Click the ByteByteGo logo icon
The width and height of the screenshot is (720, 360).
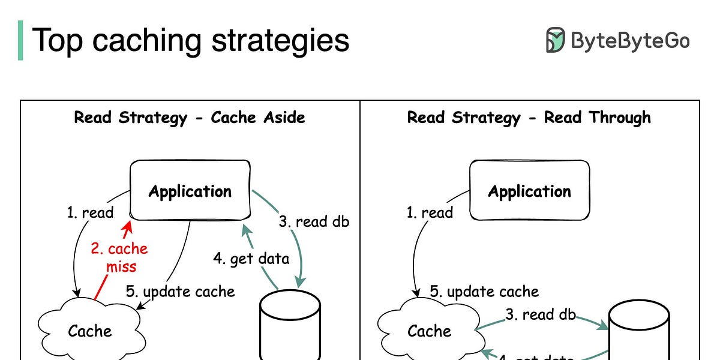click(x=555, y=40)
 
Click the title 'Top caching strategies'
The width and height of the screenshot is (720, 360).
click(x=191, y=40)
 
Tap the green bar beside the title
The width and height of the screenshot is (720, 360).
click(x=20, y=40)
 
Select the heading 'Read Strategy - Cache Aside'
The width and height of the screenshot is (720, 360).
click(x=190, y=117)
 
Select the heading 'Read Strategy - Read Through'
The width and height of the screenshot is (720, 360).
click(x=529, y=117)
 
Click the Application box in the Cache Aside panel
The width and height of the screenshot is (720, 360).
click(x=190, y=191)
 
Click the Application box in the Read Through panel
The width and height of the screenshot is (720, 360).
click(x=529, y=191)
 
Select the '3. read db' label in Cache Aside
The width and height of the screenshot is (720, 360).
click(x=313, y=221)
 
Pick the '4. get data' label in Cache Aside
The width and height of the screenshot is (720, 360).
click(x=251, y=259)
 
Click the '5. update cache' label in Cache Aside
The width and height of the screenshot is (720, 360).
click(x=180, y=292)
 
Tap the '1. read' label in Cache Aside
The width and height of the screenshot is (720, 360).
click(x=89, y=212)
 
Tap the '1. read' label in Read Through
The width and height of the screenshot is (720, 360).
click(x=429, y=212)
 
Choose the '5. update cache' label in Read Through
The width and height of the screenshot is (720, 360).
click(x=484, y=292)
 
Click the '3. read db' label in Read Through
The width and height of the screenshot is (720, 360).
click(x=540, y=314)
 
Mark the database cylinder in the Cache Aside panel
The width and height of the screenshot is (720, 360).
click(x=289, y=324)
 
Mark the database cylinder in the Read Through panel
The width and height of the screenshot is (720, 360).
click(x=639, y=330)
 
